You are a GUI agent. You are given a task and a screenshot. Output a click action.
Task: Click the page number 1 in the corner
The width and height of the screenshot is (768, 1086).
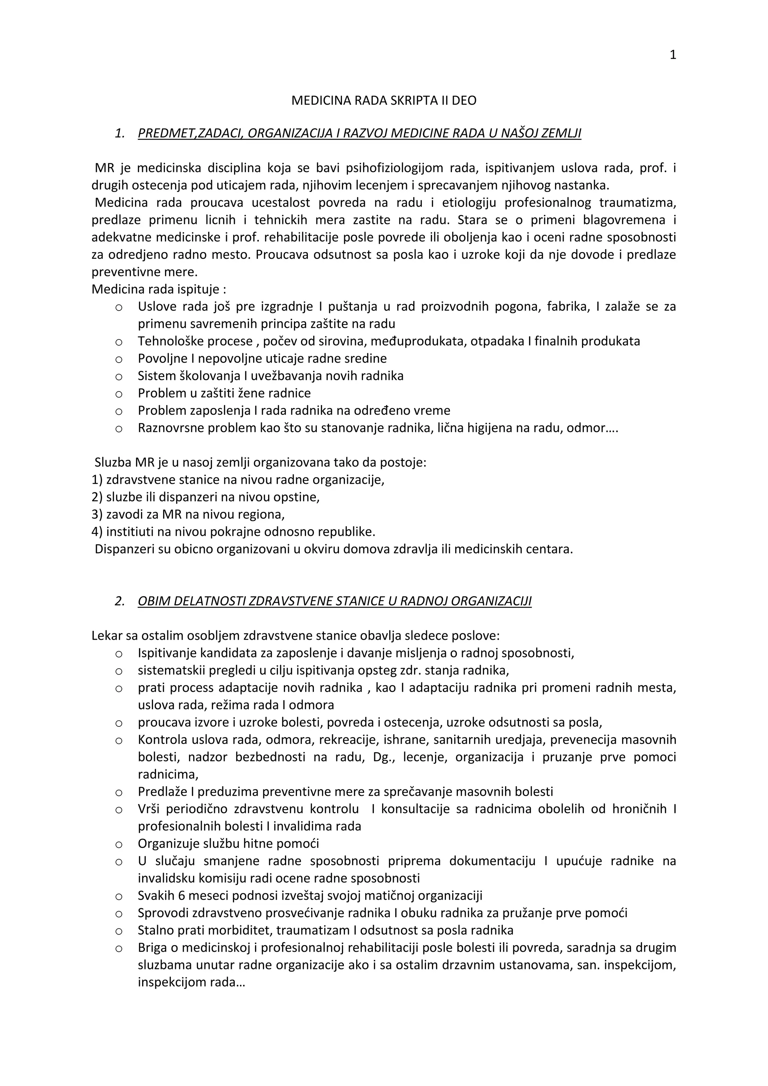[673, 55]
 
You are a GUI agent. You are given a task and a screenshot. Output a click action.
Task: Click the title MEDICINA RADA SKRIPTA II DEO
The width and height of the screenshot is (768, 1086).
[384, 101]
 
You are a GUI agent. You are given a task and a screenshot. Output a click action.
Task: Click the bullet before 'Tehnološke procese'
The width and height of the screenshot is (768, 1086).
[119, 342]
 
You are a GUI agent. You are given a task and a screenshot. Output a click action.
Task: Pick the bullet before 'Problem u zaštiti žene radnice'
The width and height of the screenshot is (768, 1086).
[119, 393]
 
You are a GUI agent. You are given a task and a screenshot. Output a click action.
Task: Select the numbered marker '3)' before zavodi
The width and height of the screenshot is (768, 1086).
[97, 514]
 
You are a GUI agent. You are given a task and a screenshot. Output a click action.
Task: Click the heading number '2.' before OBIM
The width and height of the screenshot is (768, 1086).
[120, 601]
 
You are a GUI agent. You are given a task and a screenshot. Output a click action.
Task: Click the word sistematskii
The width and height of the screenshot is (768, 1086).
[166, 671]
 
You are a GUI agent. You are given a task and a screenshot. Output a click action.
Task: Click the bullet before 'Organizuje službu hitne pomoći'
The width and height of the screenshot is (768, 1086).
[119, 844]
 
